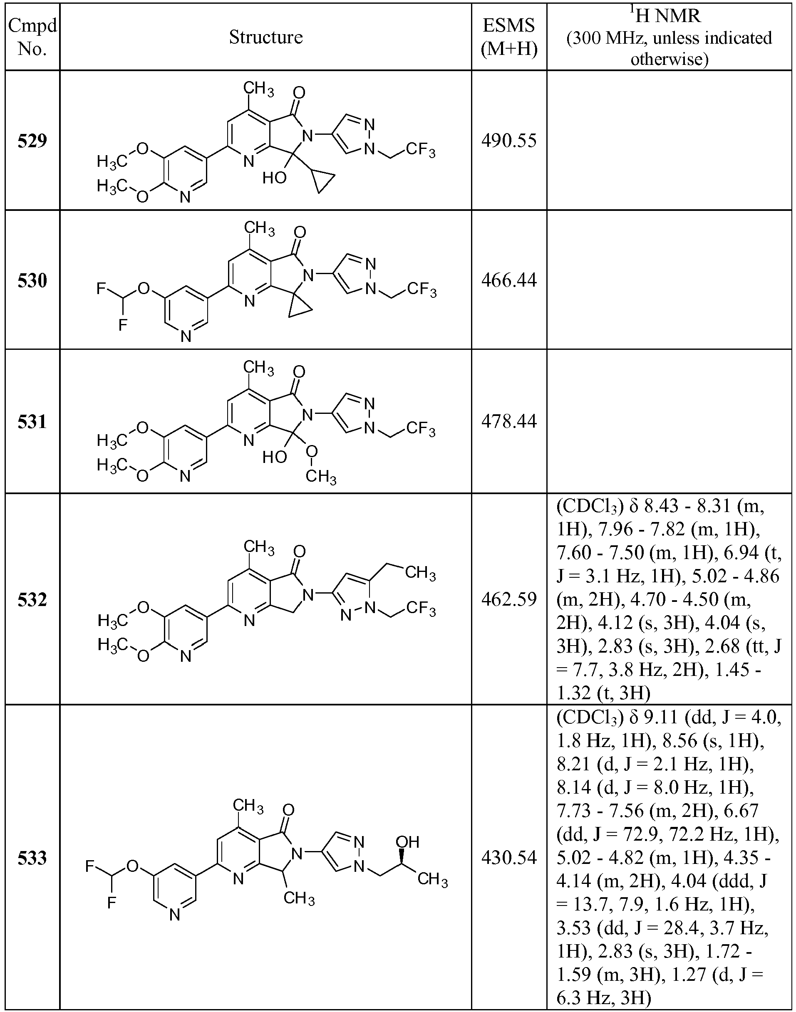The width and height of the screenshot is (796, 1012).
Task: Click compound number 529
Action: pos(32,140)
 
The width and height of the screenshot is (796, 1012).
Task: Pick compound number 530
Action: pos(32,280)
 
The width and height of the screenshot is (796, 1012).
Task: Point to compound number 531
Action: pos(32,421)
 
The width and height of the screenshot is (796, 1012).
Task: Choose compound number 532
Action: pos(32,600)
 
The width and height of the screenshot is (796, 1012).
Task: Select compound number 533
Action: pos(32,858)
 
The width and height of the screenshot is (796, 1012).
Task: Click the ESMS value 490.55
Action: pos(509,140)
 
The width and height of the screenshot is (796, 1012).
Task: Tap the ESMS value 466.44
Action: pos(509,280)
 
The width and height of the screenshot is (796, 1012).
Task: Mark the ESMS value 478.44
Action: pos(509,421)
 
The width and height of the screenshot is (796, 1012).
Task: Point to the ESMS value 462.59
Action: pos(509,599)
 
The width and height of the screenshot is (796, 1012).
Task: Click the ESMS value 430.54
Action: pos(509,858)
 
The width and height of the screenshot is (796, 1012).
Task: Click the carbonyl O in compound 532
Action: pos(300,552)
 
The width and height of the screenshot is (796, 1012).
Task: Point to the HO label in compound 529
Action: pos(274,178)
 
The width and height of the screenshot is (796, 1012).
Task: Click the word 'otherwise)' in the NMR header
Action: pos(669,59)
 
